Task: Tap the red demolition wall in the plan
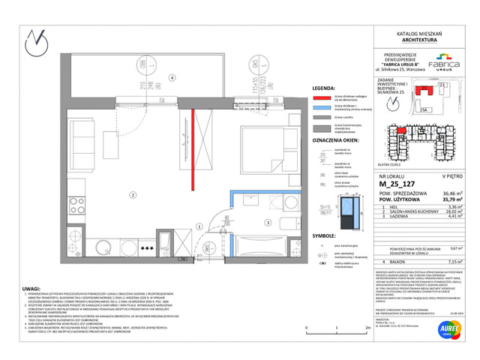[193, 147]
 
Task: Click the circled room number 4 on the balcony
[172, 77]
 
